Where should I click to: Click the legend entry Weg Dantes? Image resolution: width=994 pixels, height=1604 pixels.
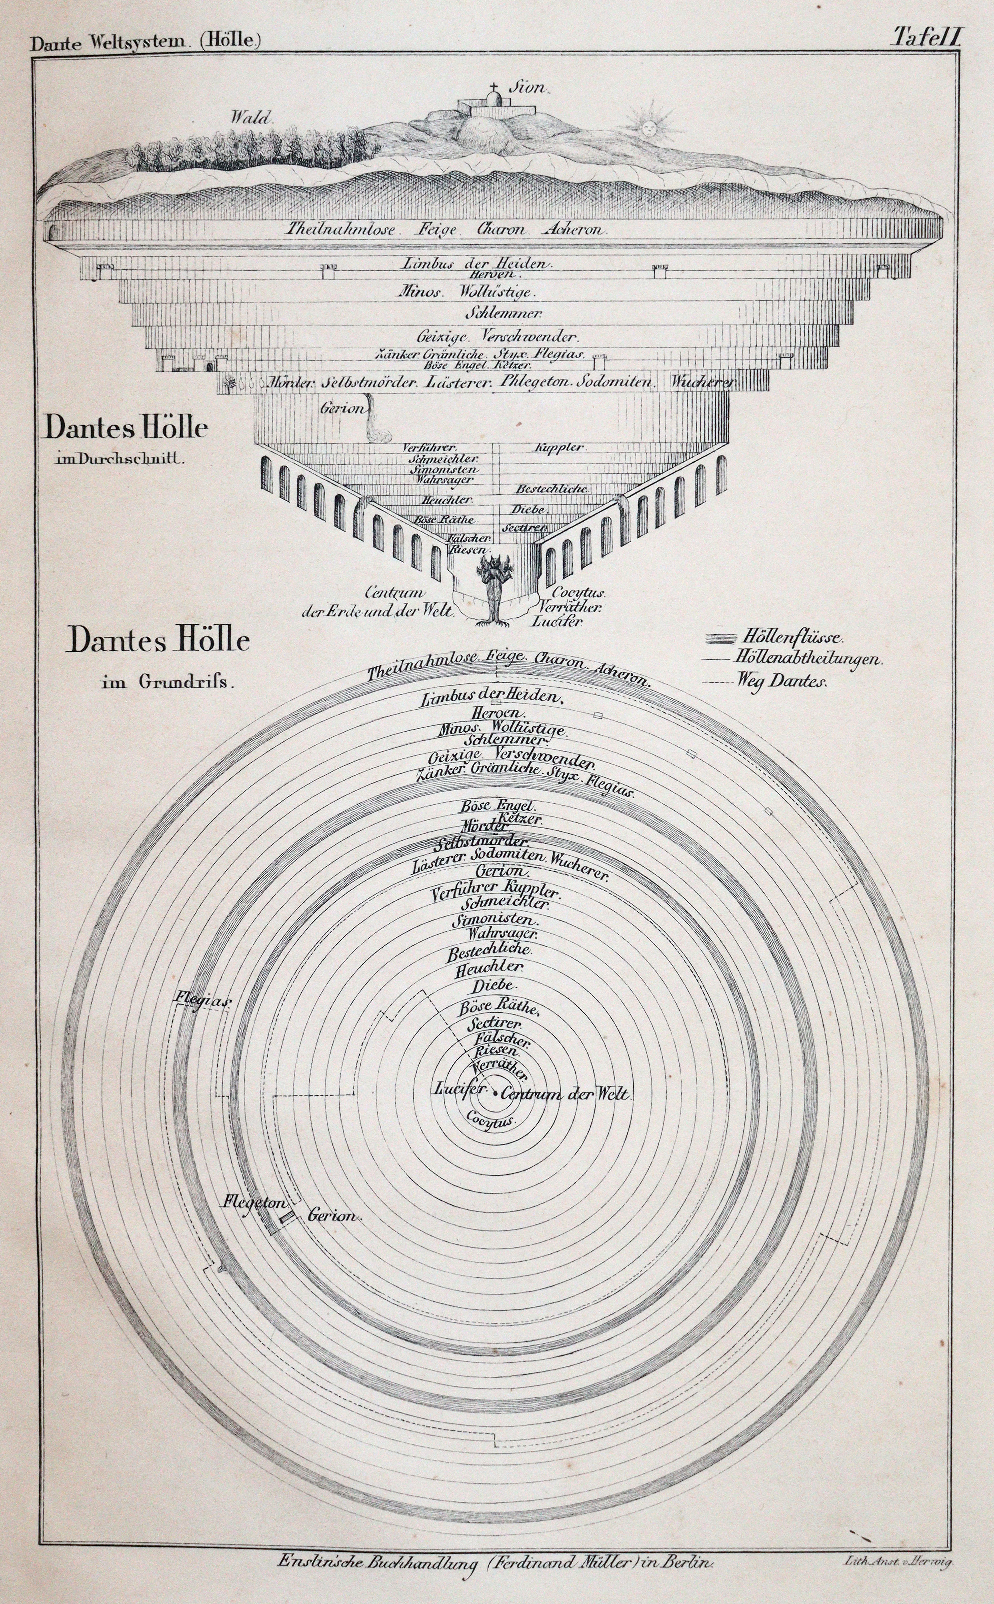(x=782, y=681)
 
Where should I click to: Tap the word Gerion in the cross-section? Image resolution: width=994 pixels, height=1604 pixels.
(x=342, y=409)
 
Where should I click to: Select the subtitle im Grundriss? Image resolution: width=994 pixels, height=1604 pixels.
(x=167, y=681)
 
